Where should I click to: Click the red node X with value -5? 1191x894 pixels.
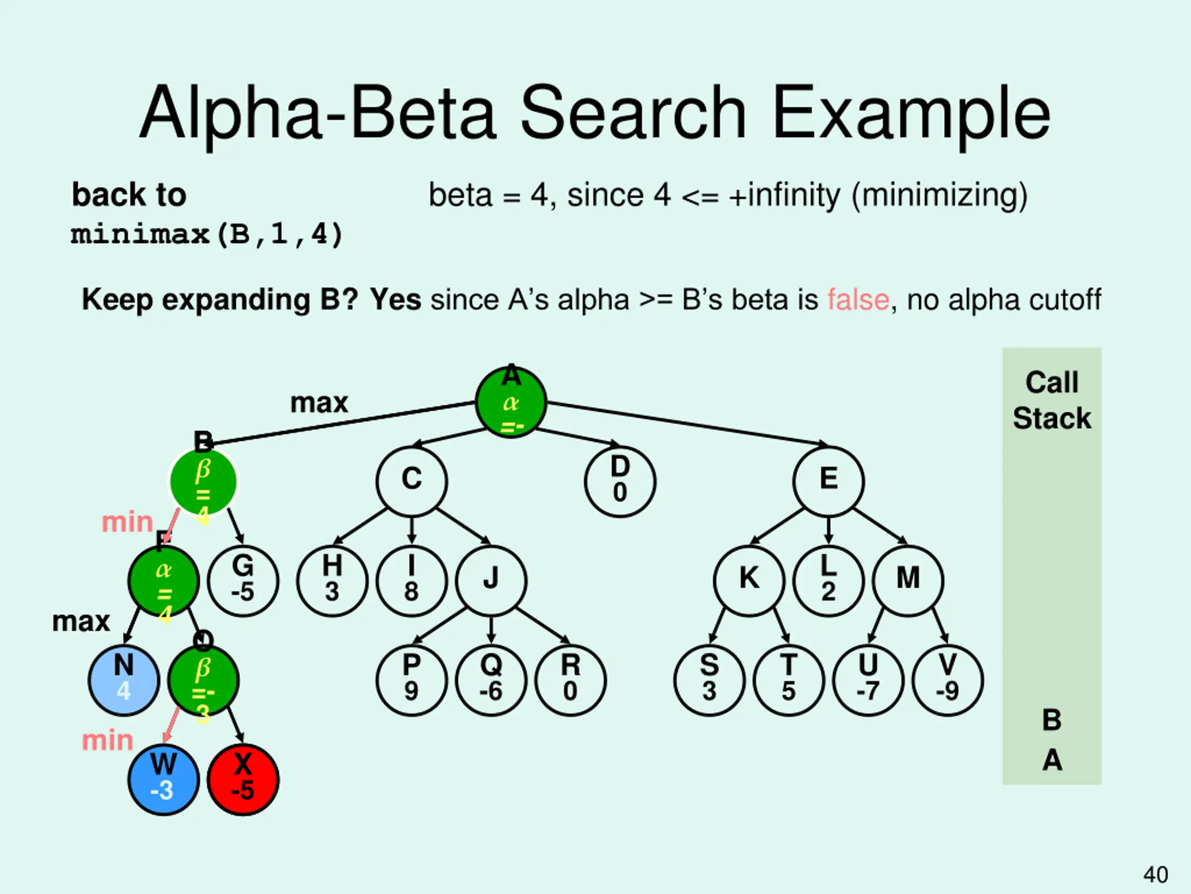click(243, 779)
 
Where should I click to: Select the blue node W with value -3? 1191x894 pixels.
click(164, 779)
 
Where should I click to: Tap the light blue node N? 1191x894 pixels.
click(124, 680)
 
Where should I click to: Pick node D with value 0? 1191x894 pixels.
click(620, 481)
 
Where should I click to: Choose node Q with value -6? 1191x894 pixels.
click(491, 680)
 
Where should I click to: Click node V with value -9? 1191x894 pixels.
click(948, 680)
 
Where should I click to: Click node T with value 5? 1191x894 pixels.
click(789, 680)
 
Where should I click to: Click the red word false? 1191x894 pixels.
click(858, 299)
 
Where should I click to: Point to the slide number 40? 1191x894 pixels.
click(1156, 874)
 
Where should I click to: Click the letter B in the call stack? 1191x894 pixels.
click(1051, 720)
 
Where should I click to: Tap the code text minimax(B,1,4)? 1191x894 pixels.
click(207, 234)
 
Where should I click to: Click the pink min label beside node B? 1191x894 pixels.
click(127, 521)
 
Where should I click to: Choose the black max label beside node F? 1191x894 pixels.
click(81, 621)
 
